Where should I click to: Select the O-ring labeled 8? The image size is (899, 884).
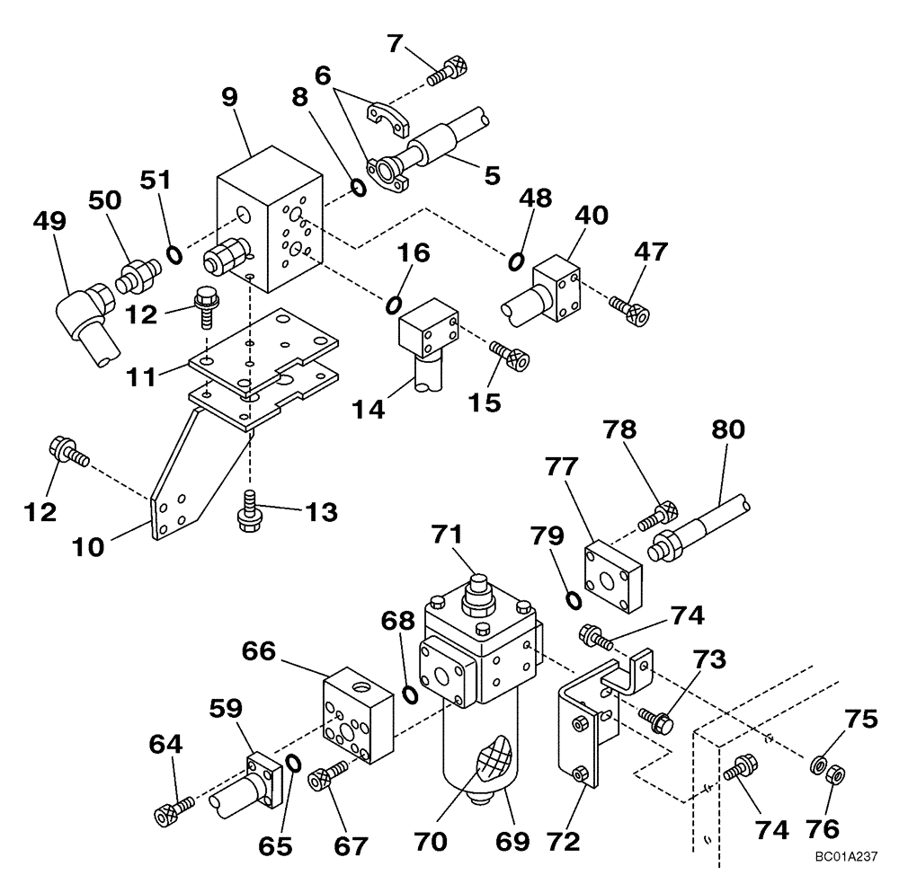click(357, 188)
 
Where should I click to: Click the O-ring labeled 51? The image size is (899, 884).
click(174, 255)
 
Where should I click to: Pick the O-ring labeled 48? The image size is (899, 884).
click(517, 261)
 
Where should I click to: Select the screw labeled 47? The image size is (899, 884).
click(631, 311)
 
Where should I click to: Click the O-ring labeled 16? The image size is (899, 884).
click(394, 305)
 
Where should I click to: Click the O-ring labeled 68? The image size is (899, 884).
click(409, 694)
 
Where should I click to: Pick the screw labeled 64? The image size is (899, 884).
click(173, 809)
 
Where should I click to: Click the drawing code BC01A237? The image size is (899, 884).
click(847, 856)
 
